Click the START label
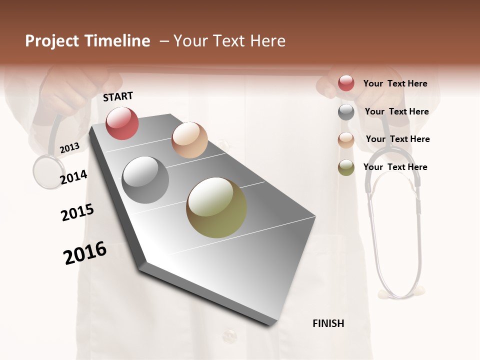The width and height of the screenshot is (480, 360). coord(118,96)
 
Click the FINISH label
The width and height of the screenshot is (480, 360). coord(328,323)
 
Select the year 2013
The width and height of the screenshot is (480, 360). coord(69,148)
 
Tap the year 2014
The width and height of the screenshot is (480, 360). coord(73,177)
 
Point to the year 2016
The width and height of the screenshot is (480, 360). coord(85,253)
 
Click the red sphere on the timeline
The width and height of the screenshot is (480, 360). coord(122,123)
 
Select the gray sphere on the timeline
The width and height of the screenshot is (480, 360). coord(145,180)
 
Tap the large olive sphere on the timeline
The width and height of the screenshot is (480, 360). coord(216,207)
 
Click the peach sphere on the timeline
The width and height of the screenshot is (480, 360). coord(189,140)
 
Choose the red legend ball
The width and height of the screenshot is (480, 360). coord(346,83)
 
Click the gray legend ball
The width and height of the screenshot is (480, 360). coord(346,112)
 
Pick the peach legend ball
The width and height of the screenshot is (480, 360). coord(346,140)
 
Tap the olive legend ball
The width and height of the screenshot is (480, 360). coord(346,167)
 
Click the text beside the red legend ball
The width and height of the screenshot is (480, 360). coord(395,83)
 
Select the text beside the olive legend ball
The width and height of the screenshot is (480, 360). coord(395,167)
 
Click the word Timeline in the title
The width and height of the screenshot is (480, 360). coord(117,41)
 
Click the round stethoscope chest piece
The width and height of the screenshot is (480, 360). coord(49,171)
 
